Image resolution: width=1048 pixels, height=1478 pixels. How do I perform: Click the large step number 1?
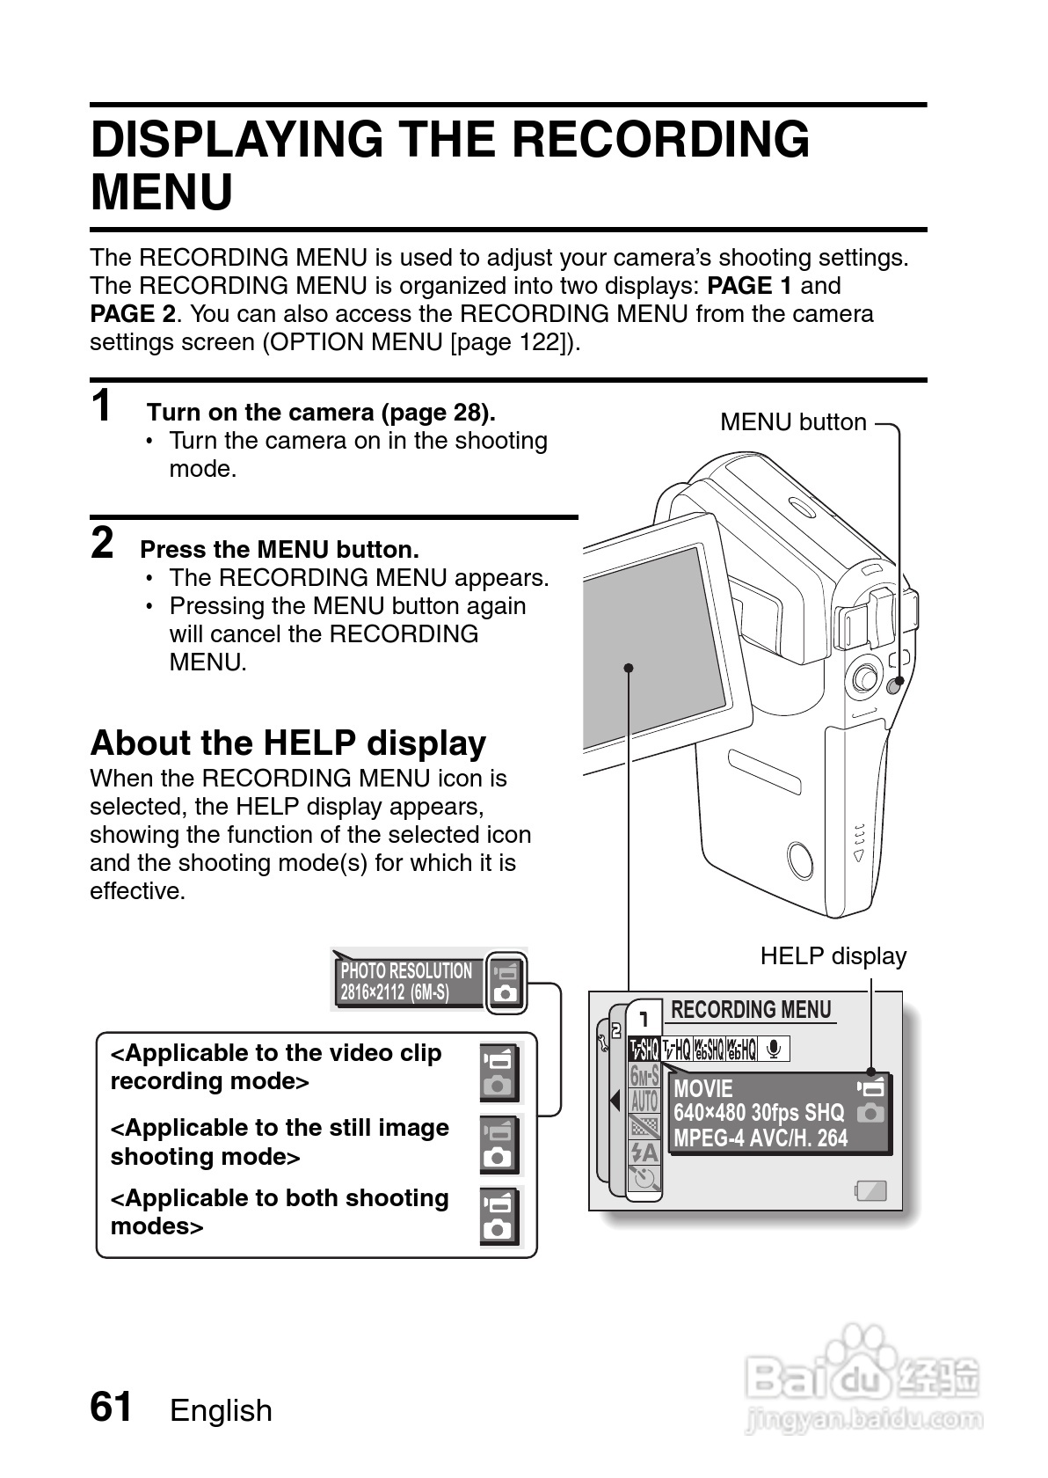point(102,406)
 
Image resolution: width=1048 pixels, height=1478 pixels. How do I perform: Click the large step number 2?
point(102,543)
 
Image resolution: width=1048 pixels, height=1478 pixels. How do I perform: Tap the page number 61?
point(111,1406)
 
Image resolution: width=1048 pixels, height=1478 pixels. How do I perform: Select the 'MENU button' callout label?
point(793,422)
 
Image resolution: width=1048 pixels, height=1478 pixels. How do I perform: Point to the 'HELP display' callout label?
point(833,956)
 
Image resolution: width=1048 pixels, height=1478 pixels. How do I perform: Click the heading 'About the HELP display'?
point(287,743)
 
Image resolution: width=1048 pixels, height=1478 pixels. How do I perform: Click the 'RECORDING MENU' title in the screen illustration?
point(751,1010)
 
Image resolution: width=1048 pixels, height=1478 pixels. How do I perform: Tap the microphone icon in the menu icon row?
point(774,1049)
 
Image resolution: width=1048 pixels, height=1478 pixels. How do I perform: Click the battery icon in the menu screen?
point(870,1191)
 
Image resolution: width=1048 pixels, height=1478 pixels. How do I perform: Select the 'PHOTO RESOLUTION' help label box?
point(409,982)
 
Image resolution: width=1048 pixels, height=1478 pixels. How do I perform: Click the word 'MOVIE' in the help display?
point(703,1089)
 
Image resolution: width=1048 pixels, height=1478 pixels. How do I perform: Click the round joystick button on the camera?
point(865,677)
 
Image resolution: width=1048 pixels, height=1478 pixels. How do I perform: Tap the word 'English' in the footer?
point(221,1410)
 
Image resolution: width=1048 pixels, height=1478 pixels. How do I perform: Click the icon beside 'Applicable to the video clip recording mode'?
point(500,1072)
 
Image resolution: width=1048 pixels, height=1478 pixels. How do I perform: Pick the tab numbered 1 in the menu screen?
point(644,1020)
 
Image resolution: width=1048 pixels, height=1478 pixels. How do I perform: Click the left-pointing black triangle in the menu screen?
point(615,1101)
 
